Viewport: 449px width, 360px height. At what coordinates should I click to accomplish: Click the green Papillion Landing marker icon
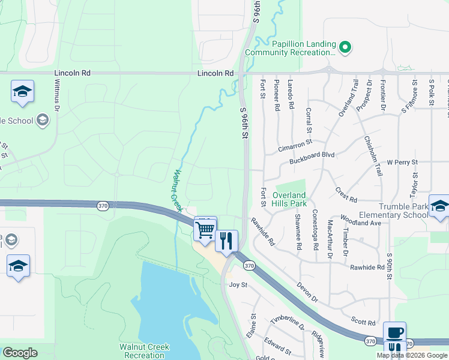[345, 47]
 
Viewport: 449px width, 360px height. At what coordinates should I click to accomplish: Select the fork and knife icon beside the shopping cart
[227, 240]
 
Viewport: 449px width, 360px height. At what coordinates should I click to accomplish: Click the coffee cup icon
[394, 332]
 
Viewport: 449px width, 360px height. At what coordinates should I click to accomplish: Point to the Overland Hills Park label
[289, 199]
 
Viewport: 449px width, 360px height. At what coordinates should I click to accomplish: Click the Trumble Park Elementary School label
[394, 211]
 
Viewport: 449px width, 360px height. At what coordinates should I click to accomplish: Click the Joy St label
[238, 285]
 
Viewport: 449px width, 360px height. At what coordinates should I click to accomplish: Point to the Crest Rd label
[346, 195]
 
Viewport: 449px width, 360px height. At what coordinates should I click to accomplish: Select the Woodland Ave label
[361, 220]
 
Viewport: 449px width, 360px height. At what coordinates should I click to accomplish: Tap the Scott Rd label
[364, 322]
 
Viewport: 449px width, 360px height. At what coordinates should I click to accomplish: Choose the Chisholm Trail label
[373, 155]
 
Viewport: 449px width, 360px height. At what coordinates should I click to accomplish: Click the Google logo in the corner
[20, 353]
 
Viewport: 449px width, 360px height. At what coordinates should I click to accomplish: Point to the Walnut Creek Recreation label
[144, 351]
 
